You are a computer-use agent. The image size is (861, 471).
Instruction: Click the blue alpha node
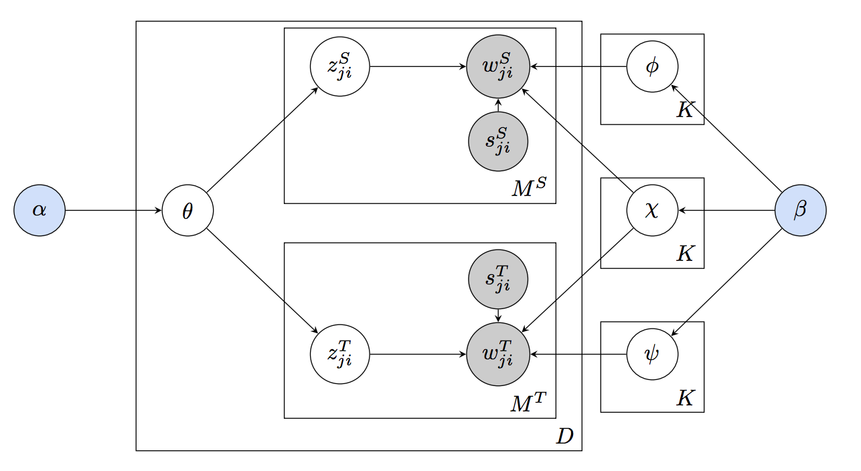coord(40,211)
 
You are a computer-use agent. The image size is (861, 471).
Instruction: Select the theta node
coord(187,211)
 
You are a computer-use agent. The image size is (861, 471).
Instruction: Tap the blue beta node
coord(800,211)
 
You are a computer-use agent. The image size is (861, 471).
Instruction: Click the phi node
coord(652,67)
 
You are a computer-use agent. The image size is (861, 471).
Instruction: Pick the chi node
coord(652,211)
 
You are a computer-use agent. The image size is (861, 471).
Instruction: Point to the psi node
coord(652,354)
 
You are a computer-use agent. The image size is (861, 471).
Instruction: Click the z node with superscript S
coord(340,67)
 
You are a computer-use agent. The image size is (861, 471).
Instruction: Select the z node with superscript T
coord(340,354)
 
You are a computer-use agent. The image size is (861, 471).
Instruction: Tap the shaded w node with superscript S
coord(498,67)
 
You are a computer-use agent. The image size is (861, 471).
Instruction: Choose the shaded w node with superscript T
coord(498,354)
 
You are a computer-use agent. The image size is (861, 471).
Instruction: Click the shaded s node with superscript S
coord(498,142)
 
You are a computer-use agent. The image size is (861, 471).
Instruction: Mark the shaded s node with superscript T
coord(498,279)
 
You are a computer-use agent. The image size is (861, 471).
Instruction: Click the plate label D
coord(564,437)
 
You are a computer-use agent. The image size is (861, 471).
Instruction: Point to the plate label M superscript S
coord(529,189)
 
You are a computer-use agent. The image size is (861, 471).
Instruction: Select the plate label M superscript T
coord(529,403)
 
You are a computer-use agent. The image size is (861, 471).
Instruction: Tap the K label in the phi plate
coord(685,110)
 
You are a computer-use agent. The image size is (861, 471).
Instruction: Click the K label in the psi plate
coord(685,399)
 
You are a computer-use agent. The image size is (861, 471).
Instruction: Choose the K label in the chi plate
coord(685,254)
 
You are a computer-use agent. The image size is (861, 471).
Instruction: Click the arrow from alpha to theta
coord(114,211)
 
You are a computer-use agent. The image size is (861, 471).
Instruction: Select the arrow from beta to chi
coord(726,211)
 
